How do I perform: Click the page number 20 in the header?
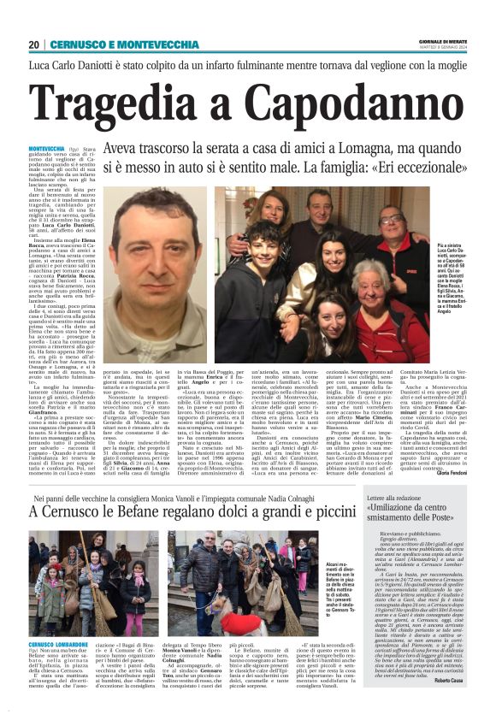click(33, 44)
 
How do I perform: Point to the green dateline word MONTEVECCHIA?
click(46, 148)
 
